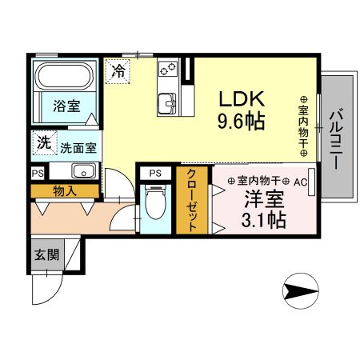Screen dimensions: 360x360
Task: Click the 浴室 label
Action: coord(67,106)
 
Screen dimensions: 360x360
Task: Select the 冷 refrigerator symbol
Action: coord(118,69)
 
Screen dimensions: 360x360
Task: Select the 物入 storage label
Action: coord(66,190)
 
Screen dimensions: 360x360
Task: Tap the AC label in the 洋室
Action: coord(300,182)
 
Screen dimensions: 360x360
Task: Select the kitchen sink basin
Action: coord(169,102)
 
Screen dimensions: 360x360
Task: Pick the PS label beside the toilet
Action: coord(155,172)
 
